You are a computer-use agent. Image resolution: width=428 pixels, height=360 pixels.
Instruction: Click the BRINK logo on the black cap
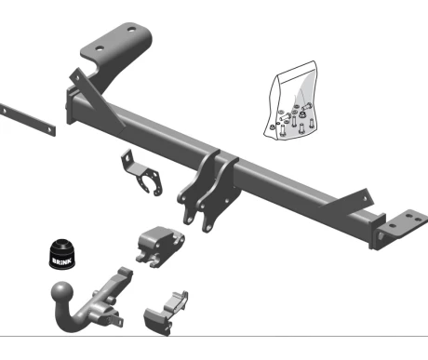pyautogui.click(x=62, y=260)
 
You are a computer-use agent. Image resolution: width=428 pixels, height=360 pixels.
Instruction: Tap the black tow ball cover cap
pyautogui.click(x=62, y=253)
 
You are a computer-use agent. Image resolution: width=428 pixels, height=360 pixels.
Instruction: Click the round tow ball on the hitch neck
pyautogui.click(x=62, y=292)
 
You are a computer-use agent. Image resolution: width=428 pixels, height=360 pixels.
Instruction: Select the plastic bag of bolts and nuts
pyautogui.click(x=291, y=100)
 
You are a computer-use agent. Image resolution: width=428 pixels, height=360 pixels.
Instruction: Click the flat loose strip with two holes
pyautogui.click(x=27, y=120)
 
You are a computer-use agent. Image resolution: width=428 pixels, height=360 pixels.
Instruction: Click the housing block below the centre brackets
pyautogui.click(x=159, y=247)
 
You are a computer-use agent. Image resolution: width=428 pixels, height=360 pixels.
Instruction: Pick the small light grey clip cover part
pyautogui.click(x=167, y=313)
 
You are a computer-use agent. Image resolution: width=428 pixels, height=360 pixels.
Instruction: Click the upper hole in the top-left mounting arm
pyautogui.click(x=131, y=30)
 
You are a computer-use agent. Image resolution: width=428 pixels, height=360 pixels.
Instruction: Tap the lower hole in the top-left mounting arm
pyautogui.click(x=100, y=48)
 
